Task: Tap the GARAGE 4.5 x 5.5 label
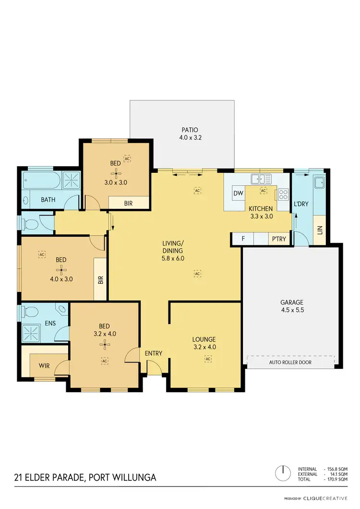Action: coord(292,306)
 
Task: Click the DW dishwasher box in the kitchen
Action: coord(238,193)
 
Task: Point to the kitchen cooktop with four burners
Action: coord(283,194)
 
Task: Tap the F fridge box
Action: coord(243,239)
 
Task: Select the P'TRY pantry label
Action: coord(279,239)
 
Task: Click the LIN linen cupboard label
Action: coord(320,230)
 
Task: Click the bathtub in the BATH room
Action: coord(42,181)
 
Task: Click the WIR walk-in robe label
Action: coord(44,366)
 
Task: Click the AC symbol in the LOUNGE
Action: coord(208,359)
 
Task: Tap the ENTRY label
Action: coord(154,353)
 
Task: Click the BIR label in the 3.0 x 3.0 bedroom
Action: coord(128,203)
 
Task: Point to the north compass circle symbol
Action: coord(284,473)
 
